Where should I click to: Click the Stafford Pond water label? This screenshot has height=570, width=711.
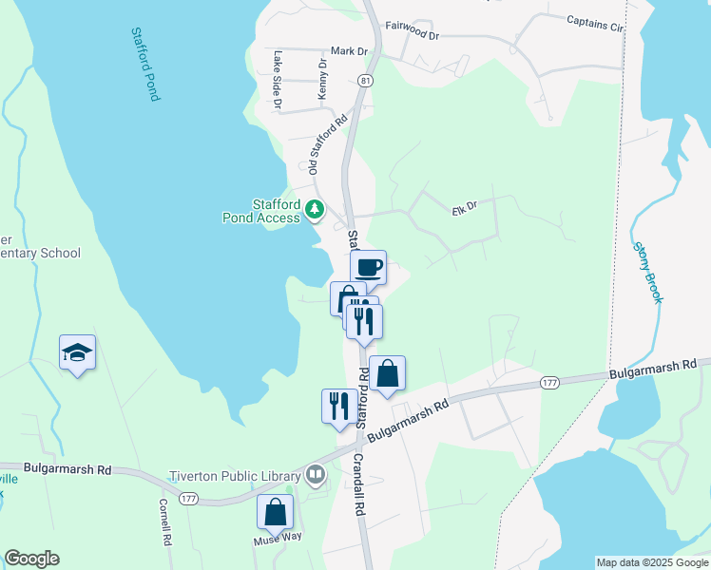144,64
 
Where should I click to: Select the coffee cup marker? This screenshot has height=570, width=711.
368,268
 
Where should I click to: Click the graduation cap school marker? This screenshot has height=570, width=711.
77,354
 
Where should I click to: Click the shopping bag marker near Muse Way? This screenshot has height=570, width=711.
275,512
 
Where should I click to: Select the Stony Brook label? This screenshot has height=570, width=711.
647,273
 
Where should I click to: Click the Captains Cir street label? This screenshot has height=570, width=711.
594,23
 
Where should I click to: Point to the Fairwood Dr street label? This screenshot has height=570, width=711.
413,32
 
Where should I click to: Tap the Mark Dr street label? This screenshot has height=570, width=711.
349,51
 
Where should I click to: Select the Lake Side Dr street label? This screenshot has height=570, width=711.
277,79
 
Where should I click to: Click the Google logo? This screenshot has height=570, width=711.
31,559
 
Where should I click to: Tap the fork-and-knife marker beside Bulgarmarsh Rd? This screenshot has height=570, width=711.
339,407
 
